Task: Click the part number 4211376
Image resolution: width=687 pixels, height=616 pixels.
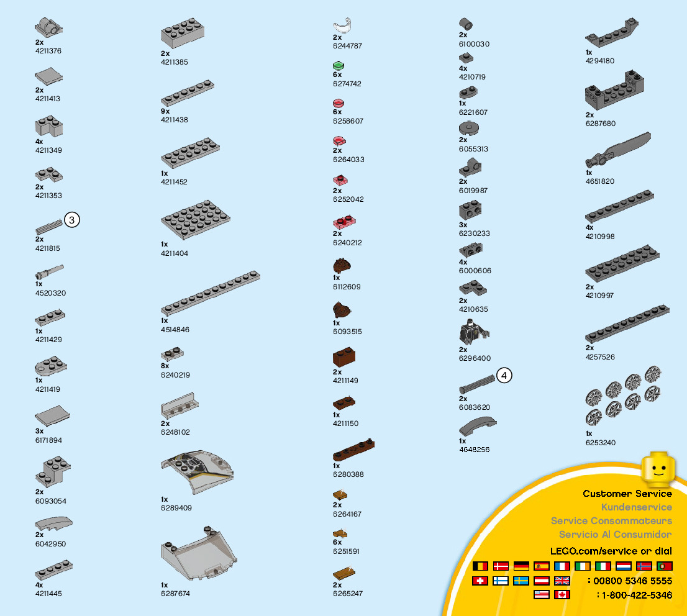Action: coord(48,51)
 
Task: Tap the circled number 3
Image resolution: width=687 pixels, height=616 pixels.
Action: coord(72,220)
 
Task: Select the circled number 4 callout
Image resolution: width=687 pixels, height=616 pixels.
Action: coord(504,375)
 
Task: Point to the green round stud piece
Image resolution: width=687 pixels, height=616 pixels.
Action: coord(339,66)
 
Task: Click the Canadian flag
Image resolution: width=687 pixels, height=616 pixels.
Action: coord(562,594)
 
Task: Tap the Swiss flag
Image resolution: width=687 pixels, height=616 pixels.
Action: coord(480,581)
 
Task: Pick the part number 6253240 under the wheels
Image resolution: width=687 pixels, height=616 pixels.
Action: coord(601,443)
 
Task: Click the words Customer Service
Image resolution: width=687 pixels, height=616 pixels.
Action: coord(627,494)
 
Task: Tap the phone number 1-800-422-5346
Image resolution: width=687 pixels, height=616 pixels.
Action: coord(637,595)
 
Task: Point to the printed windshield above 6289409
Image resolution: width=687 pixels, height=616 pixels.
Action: coord(197,469)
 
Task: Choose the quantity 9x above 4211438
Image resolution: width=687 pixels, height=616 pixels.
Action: coord(165,111)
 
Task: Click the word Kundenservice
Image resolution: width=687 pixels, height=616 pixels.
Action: coord(636,507)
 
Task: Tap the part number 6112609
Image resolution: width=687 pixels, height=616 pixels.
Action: coord(347,287)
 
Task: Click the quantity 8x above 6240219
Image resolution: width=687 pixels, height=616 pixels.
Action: coord(165,366)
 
